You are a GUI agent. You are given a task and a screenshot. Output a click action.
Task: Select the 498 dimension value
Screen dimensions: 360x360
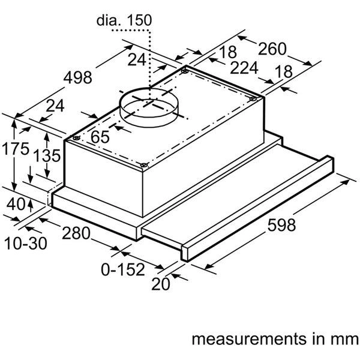[x=78, y=77]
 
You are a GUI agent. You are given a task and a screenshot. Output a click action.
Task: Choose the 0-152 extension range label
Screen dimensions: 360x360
[x=122, y=269]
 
